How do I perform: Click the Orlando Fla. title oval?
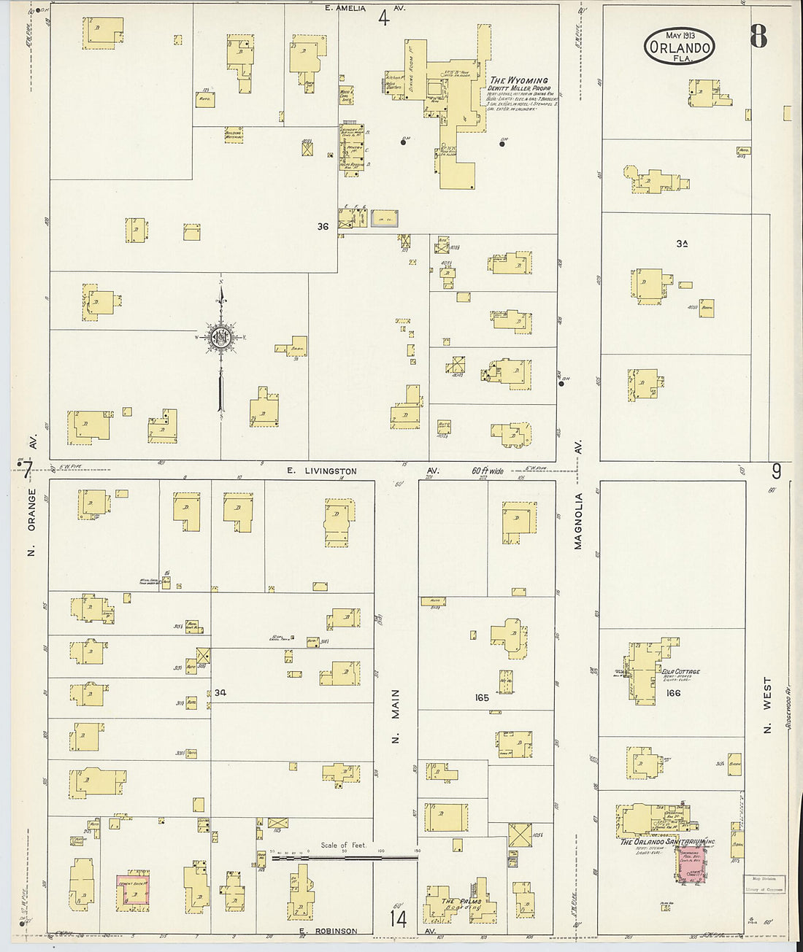point(679,47)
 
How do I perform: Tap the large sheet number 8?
point(758,36)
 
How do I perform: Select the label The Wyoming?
point(519,81)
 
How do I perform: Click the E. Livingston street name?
point(321,471)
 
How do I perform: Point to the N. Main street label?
point(396,715)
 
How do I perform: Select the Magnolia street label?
point(578,520)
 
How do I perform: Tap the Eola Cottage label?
point(680,672)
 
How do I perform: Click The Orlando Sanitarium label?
point(667,842)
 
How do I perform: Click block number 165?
point(481,697)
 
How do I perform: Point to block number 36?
point(323,227)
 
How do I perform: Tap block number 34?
point(220,692)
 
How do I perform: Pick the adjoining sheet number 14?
point(398,918)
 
